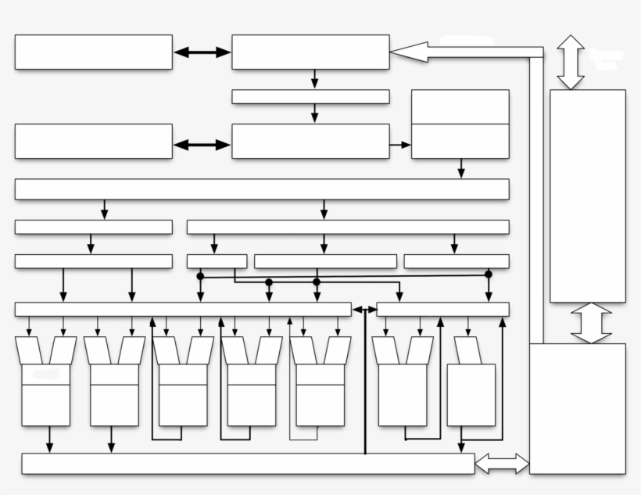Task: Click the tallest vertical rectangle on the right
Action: click(x=587, y=195)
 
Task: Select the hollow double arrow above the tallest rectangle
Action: click(x=571, y=61)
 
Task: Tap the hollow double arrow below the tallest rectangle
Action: click(x=591, y=323)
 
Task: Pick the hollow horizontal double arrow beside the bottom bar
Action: click(x=502, y=464)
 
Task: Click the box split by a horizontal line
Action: click(x=460, y=124)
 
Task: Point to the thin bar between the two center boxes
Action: click(x=310, y=97)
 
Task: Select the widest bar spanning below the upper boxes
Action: click(x=262, y=189)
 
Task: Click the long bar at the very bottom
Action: click(x=248, y=464)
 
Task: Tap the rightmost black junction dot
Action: click(x=489, y=274)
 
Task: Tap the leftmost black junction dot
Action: click(x=200, y=276)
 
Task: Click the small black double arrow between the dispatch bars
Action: click(x=364, y=310)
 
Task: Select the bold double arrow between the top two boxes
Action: click(x=202, y=52)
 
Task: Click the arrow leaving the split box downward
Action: click(x=461, y=168)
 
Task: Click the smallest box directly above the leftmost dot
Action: click(x=217, y=261)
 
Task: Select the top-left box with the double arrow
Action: click(x=93, y=52)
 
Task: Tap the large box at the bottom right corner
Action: click(x=577, y=407)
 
